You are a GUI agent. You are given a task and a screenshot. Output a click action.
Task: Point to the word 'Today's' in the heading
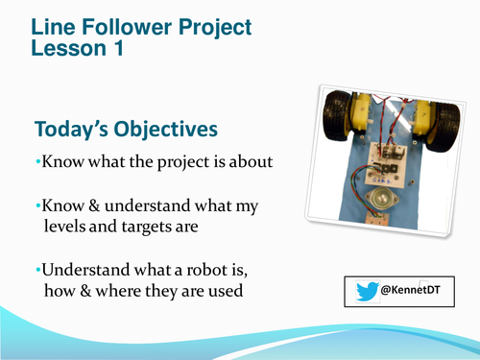[x=71, y=129]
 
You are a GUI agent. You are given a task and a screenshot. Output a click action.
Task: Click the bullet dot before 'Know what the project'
[x=36, y=162]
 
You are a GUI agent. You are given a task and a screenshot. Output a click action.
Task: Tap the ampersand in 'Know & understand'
[x=91, y=208]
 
